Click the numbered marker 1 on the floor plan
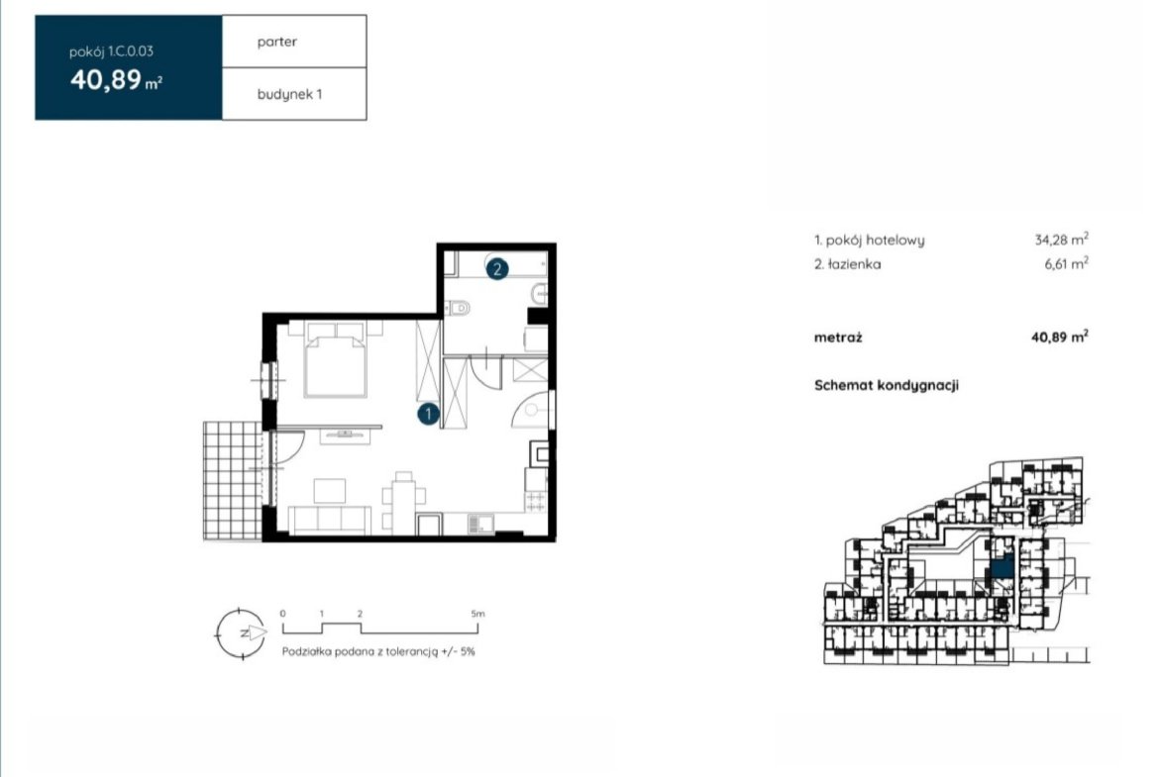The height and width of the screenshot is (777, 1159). [428, 415]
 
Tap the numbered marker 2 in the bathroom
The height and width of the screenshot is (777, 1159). [496, 269]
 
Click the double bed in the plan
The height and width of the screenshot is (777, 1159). [335, 359]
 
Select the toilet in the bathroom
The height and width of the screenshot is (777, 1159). [459, 307]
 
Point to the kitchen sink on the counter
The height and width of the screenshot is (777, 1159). [480, 524]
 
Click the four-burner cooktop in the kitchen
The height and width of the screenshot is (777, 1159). [536, 502]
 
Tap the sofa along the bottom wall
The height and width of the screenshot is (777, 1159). [329, 520]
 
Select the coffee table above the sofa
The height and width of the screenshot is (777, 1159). [330, 490]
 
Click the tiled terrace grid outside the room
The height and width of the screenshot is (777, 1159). [233, 481]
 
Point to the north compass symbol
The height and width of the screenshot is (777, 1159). [241, 633]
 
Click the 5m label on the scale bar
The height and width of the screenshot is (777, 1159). [477, 613]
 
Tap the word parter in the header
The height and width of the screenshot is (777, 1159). [277, 43]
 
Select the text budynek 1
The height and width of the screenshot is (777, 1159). [289, 95]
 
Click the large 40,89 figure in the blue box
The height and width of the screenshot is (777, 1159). [106, 79]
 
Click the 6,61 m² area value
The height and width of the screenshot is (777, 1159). [1066, 263]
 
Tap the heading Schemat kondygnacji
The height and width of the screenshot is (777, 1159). [887, 386]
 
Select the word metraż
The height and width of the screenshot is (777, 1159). [838, 338]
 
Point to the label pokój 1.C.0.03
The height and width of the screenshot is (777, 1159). [111, 51]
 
